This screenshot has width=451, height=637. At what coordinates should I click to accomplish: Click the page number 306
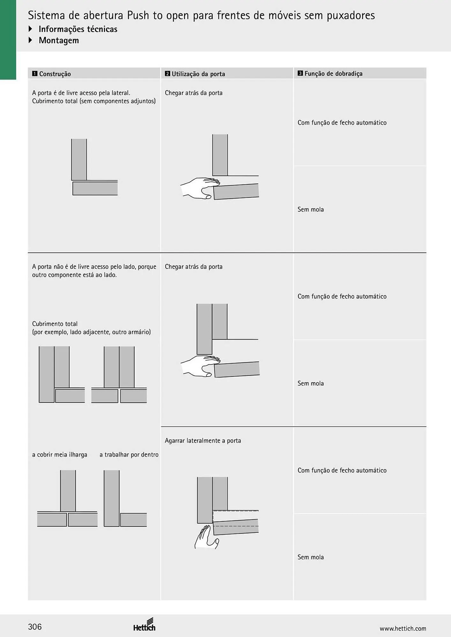coord(35,627)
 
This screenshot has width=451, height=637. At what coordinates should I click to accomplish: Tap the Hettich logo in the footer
coord(144,625)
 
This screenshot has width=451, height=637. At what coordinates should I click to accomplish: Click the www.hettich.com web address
coord(403,628)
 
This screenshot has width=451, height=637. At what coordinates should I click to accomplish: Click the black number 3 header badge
coord(300,73)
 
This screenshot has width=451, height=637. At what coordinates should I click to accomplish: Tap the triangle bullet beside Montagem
coord(31,40)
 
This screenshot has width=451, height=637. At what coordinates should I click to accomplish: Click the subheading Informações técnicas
coord(78,29)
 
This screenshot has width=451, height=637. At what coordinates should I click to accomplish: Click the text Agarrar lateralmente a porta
coord(203,440)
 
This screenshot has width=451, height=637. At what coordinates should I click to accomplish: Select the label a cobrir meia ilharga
coord(60,454)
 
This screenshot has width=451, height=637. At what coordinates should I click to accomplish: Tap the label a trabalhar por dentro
coord(129,454)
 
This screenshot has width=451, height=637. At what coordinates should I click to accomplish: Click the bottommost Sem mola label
coord(311,557)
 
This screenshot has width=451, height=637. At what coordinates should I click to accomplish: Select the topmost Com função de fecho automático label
coord(342,123)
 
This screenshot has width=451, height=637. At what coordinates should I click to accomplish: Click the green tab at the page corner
coord(8,40)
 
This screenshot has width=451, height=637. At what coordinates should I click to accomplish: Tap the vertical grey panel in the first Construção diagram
coord(79,160)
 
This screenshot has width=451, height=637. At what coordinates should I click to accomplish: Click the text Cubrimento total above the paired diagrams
coord(55,324)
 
